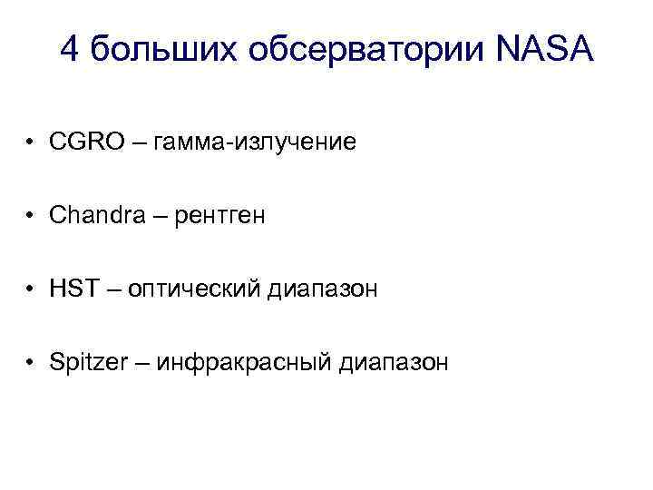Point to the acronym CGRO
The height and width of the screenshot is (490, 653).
84,142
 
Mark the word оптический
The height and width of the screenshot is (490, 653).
193,289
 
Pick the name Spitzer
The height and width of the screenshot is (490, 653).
85,363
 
